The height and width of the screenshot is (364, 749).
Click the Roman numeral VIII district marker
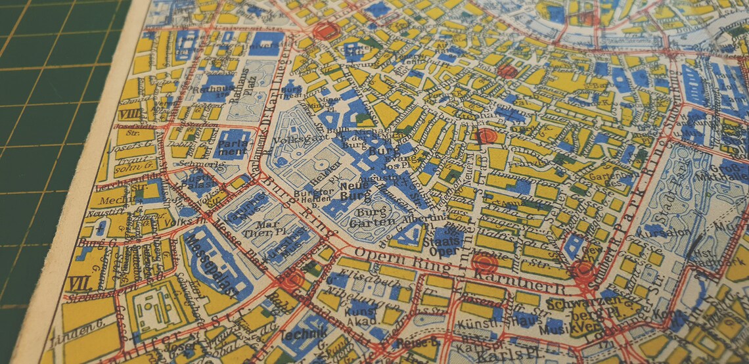pyautogui.click(x=131, y=114)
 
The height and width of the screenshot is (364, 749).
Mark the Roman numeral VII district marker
pyautogui.click(x=79, y=283)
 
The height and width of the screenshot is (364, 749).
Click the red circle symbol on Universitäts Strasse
pyautogui.click(x=327, y=31)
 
